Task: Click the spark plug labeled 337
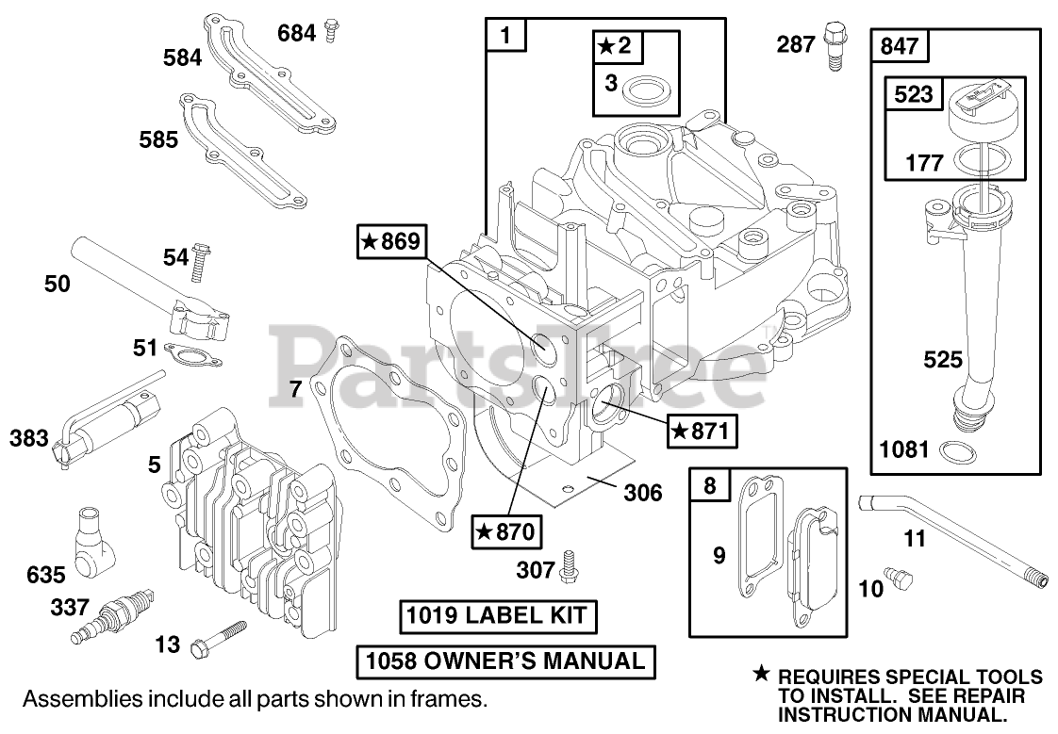click(x=111, y=615)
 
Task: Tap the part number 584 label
click(x=182, y=57)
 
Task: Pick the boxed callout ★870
click(x=505, y=532)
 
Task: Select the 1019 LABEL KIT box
click(x=496, y=617)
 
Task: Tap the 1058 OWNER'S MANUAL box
click(x=505, y=661)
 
